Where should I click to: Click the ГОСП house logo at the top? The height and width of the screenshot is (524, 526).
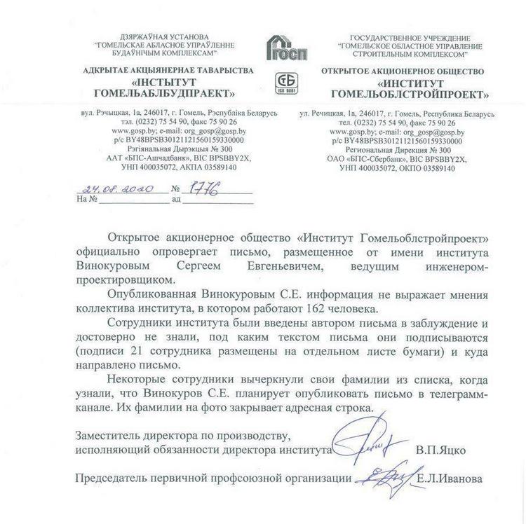tap(284, 46)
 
